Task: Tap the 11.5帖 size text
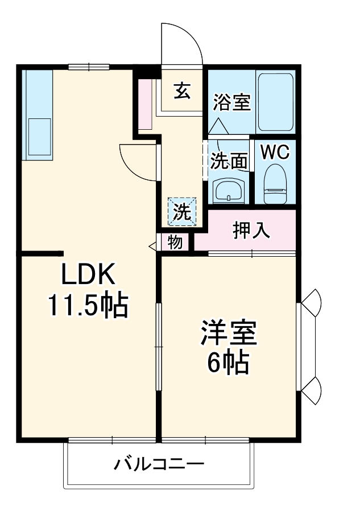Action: coord(87,306)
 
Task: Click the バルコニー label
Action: coord(159,464)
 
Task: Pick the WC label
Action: coord(275,152)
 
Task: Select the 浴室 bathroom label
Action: coord(232,103)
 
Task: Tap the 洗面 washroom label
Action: coord(229,162)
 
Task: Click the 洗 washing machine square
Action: coord(182,212)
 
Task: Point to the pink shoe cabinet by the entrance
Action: coord(146,104)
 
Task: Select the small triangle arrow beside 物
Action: coord(153,246)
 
